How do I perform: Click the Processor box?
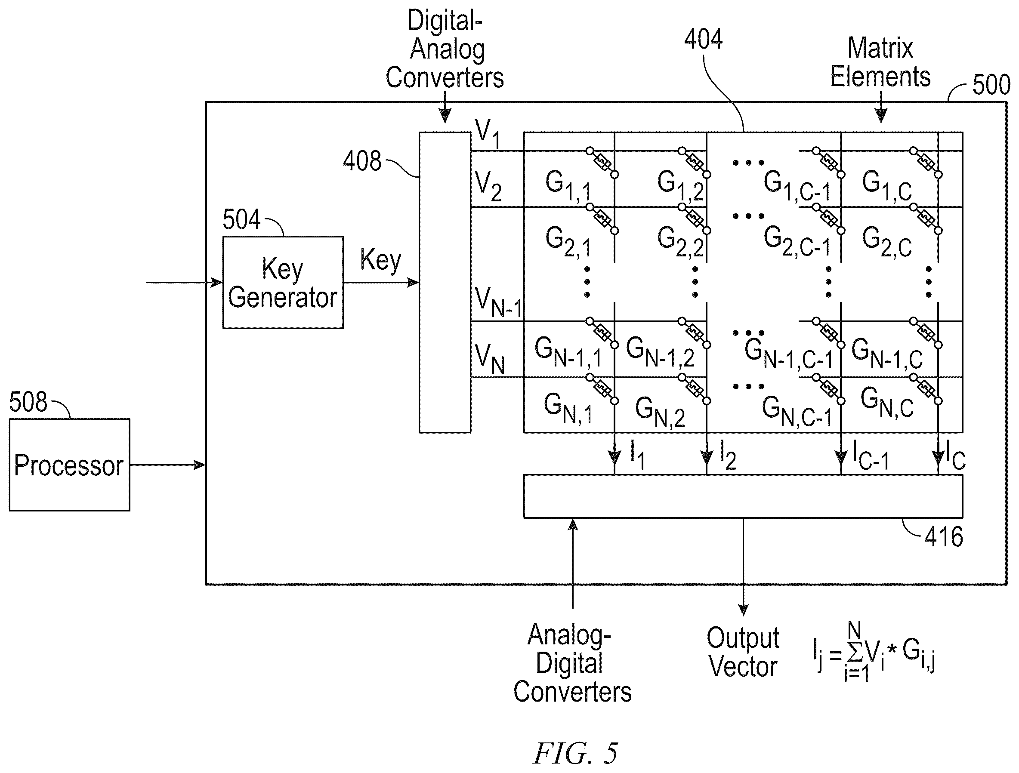(x=70, y=465)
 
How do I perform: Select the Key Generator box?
(x=283, y=282)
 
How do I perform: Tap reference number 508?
(x=28, y=401)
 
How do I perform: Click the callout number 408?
(x=362, y=161)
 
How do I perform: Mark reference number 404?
(x=704, y=39)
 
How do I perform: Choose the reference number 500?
(x=991, y=85)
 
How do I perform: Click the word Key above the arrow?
(x=380, y=260)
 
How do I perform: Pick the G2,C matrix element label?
(x=887, y=242)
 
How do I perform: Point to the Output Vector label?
(x=743, y=652)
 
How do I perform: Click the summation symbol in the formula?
(x=855, y=651)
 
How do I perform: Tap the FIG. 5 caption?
(x=575, y=754)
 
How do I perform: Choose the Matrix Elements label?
(x=880, y=62)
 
